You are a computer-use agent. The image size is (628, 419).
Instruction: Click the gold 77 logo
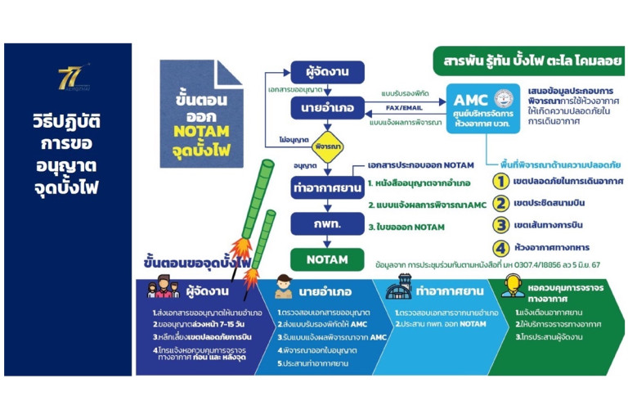click(68, 79)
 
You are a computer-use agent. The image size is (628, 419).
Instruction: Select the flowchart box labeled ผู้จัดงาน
click(321, 72)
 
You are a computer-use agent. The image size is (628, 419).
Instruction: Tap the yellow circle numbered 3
click(500, 225)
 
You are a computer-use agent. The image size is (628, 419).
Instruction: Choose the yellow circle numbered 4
click(500, 246)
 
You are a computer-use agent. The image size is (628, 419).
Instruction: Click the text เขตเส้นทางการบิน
click(561, 225)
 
